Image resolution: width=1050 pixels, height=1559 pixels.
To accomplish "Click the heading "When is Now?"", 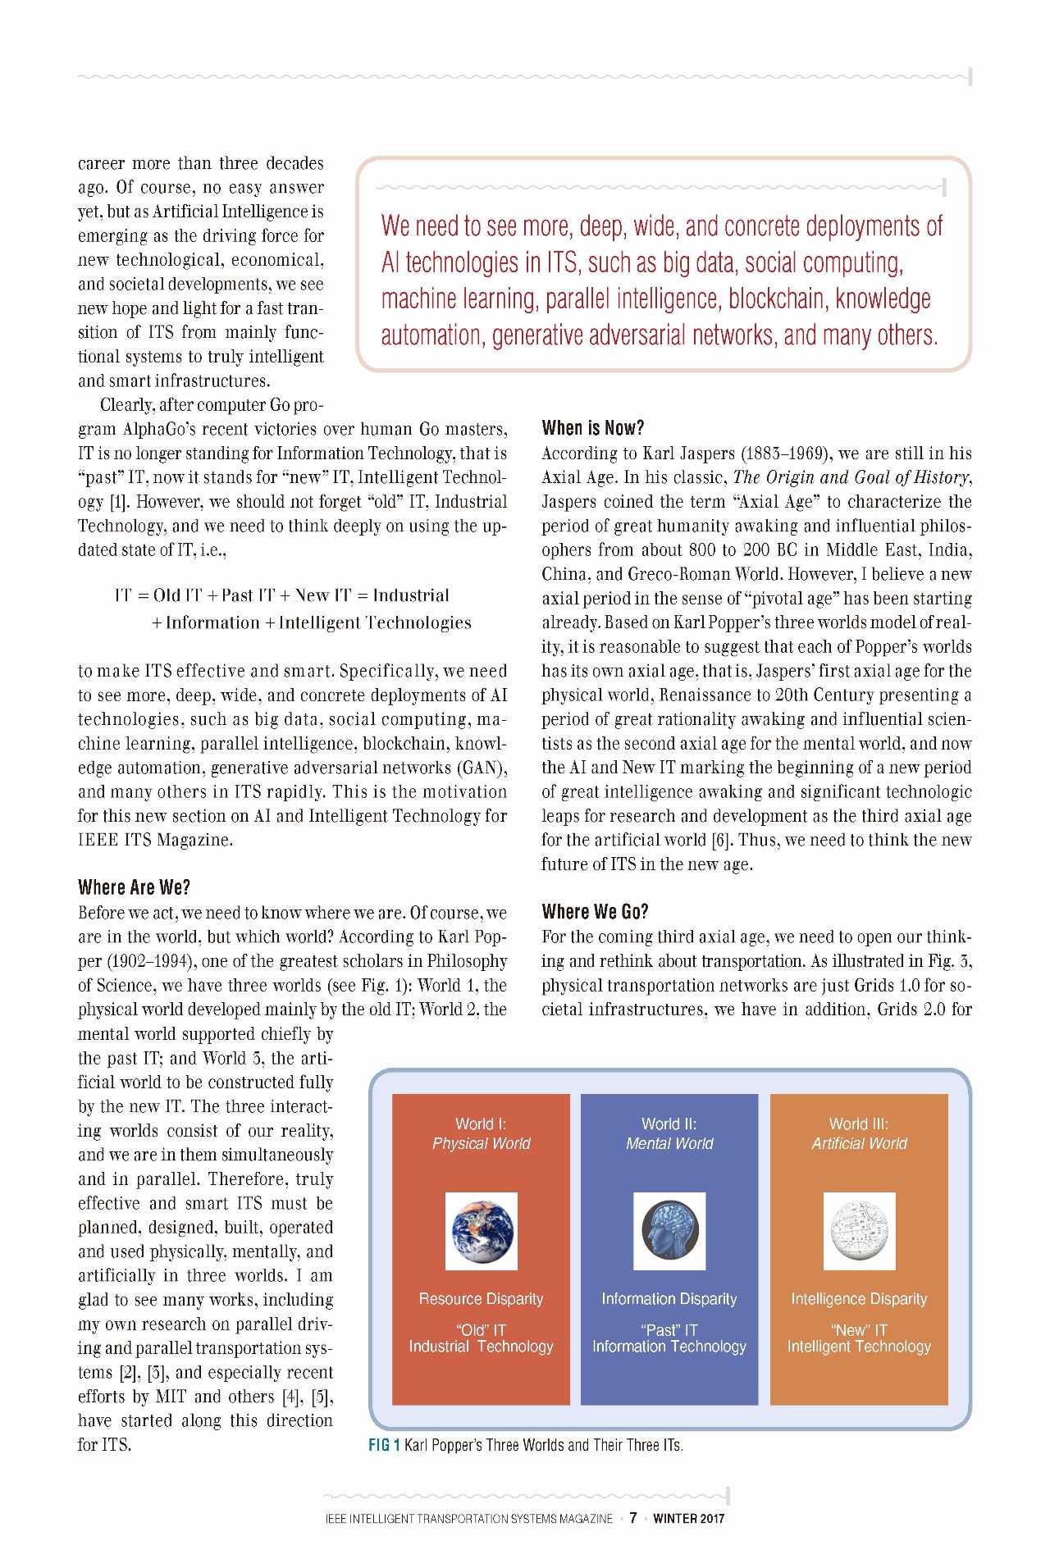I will [x=592, y=427].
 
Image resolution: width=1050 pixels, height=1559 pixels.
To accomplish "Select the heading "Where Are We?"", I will [x=134, y=887].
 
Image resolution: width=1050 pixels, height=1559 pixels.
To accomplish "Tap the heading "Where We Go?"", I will [x=595, y=912].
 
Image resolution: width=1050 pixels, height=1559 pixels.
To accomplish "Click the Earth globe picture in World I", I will [x=482, y=1230].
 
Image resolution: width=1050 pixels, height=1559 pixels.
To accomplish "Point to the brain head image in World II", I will [x=669, y=1230].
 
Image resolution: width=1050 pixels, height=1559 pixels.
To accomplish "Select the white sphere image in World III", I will [x=859, y=1230].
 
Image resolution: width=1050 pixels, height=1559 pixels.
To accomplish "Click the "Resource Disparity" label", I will [x=481, y=1299].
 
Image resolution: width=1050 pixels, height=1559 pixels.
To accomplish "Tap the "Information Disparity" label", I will [x=669, y=1299].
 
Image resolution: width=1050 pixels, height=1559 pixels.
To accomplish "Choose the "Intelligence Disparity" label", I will [x=859, y=1299].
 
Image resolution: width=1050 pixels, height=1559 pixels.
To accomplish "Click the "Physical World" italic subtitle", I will [x=482, y=1144].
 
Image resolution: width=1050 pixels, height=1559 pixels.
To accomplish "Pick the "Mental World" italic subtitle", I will [x=669, y=1144].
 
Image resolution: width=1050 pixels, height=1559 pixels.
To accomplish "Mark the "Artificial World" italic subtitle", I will [x=859, y=1144].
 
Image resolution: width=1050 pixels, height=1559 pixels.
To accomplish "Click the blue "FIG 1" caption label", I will [x=384, y=1445].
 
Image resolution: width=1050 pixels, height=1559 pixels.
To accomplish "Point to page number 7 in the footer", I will [x=633, y=1518].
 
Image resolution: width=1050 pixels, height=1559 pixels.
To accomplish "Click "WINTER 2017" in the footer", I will [x=689, y=1519].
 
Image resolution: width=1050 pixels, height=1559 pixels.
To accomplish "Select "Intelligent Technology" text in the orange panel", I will [x=859, y=1347].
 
